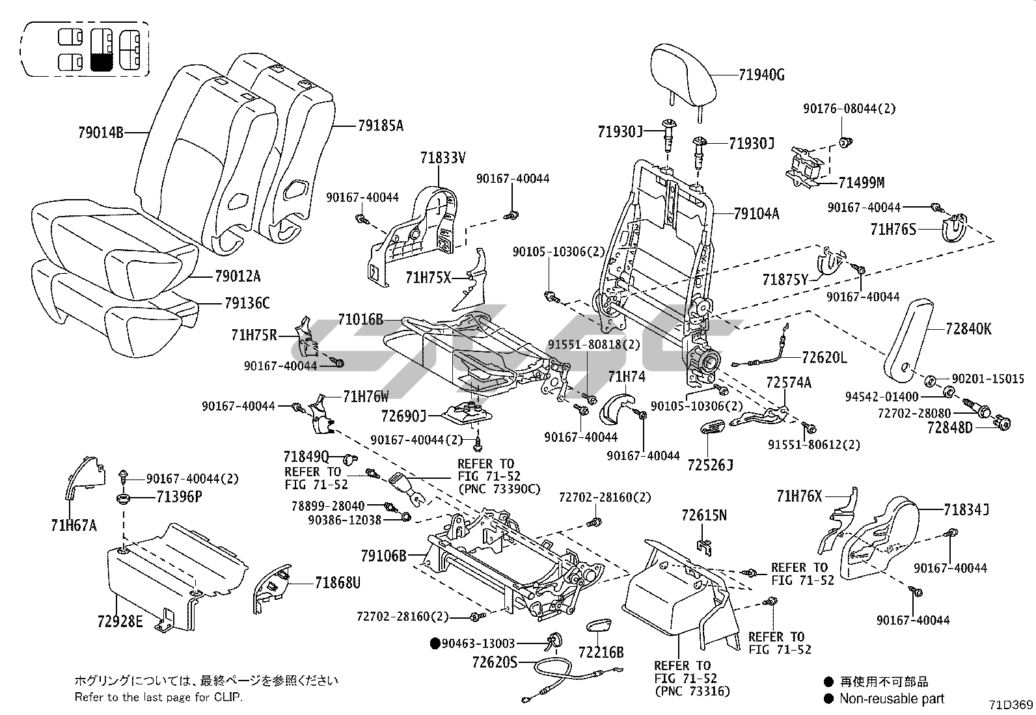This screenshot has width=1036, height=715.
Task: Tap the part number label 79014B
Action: (100, 133)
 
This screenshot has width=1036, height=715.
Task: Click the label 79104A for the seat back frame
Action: (756, 213)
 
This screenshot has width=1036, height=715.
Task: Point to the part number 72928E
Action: (120, 621)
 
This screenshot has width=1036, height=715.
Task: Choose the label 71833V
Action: (443, 157)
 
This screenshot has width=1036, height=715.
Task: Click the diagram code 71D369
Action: (1011, 705)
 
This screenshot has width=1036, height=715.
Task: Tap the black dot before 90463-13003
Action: (435, 643)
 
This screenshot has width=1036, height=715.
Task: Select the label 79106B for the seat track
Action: (383, 556)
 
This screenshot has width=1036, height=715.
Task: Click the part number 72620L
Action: (825, 357)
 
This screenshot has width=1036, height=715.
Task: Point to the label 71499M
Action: (862, 183)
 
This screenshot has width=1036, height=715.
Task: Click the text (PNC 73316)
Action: (692, 691)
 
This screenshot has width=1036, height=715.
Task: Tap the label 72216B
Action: (601, 651)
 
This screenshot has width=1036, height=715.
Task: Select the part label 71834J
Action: (966, 511)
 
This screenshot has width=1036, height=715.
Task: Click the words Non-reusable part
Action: (891, 699)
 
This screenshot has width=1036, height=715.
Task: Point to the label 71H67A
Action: (74, 524)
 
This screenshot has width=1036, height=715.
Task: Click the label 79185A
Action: (380, 126)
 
